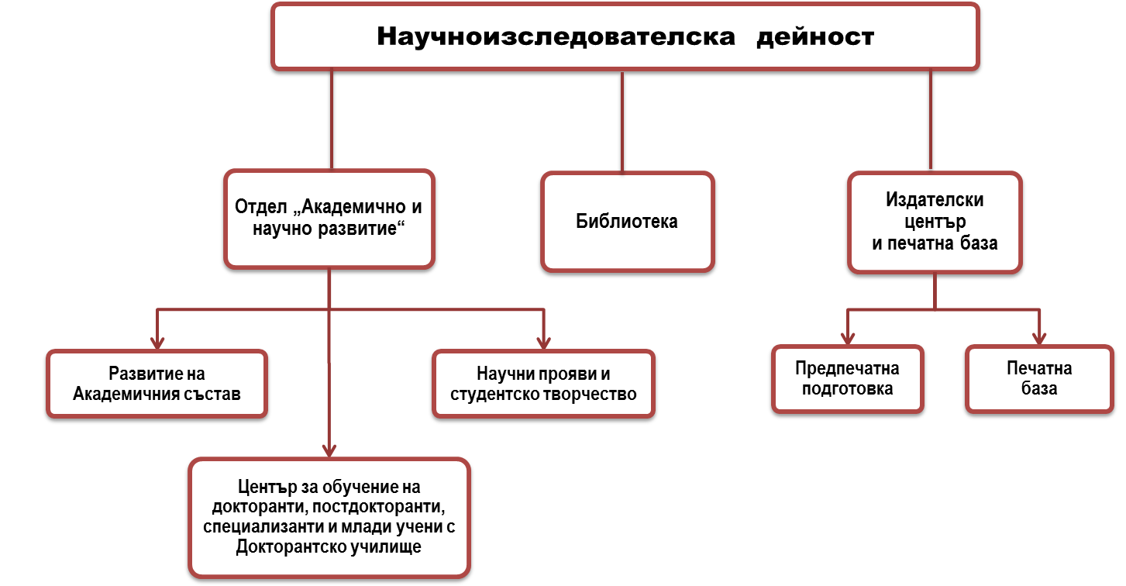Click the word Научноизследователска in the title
[556, 37]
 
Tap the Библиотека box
[628, 222]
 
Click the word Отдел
[261, 206]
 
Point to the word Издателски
[935, 200]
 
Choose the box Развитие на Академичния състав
[157, 384]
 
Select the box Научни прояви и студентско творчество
[543, 384]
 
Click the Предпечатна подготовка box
[848, 379]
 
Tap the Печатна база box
[1039, 379]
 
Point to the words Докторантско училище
[329, 546]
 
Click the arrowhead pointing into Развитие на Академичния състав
[157, 342]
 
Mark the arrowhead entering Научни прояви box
[543, 342]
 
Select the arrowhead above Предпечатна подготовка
[848, 338]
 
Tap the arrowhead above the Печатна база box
[1039, 338]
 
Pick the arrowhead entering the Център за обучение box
[329, 450]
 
